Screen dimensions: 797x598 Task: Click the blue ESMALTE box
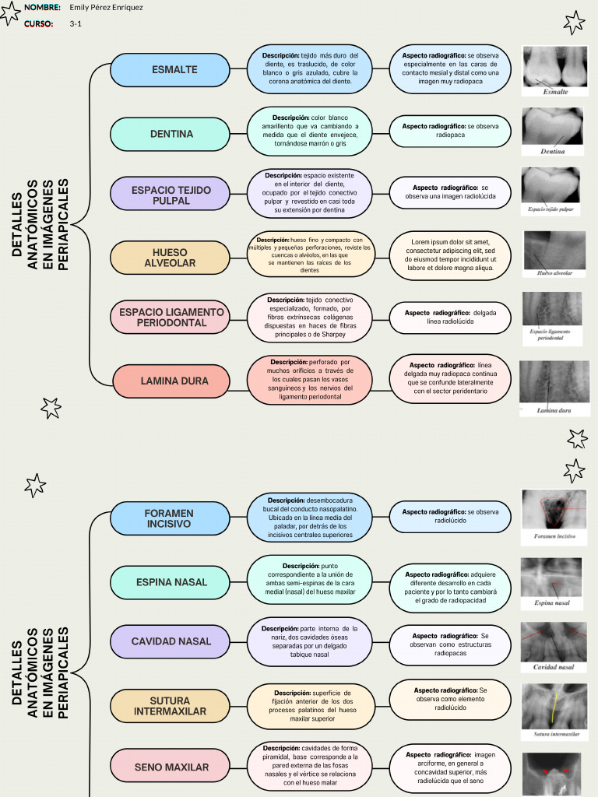click(171, 70)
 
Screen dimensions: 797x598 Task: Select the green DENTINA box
click(171, 134)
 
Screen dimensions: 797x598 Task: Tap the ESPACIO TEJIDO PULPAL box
click(171, 195)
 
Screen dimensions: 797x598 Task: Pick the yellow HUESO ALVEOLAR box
click(171, 258)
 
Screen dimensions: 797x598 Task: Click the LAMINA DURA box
click(171, 381)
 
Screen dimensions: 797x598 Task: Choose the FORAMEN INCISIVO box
click(171, 519)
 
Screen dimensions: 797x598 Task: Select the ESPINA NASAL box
click(171, 582)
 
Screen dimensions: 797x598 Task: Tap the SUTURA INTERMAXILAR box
click(171, 706)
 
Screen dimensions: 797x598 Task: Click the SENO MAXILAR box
click(171, 767)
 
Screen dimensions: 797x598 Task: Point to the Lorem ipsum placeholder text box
click(451, 256)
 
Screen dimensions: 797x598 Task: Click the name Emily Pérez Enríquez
click(106, 7)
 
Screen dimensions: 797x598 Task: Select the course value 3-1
click(76, 24)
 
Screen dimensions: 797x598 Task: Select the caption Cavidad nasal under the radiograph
click(554, 668)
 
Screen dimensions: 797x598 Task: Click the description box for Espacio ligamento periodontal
click(310, 318)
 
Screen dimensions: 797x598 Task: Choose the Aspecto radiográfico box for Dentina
click(451, 130)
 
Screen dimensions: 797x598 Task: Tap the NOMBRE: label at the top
click(42, 7)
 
